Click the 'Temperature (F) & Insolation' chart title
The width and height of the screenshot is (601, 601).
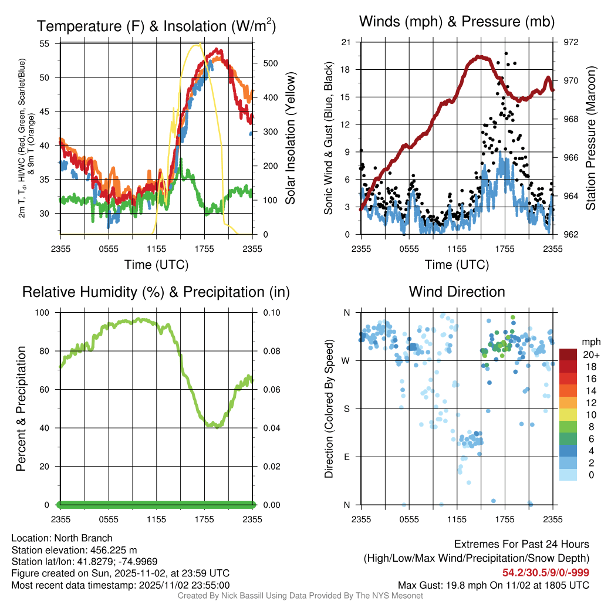coord(156,26)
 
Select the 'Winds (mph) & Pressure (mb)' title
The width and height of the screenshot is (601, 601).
coord(457,22)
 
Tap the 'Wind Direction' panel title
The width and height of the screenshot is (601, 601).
coord(457,292)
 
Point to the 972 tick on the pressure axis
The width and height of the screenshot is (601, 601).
coord(563,42)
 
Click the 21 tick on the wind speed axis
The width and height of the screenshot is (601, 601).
coord(346,42)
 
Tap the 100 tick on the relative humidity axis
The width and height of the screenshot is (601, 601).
coord(42,313)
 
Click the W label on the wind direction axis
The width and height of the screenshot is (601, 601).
coord(346,360)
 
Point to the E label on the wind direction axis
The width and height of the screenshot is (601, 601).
coord(346,457)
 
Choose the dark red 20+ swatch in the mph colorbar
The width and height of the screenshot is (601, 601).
coord(569,355)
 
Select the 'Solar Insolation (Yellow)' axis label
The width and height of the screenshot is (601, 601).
coord(290,139)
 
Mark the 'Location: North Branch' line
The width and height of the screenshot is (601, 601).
coord(62,538)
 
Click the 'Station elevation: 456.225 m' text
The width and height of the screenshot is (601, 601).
coord(74,550)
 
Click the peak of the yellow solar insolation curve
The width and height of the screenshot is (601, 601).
coord(199,44)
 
